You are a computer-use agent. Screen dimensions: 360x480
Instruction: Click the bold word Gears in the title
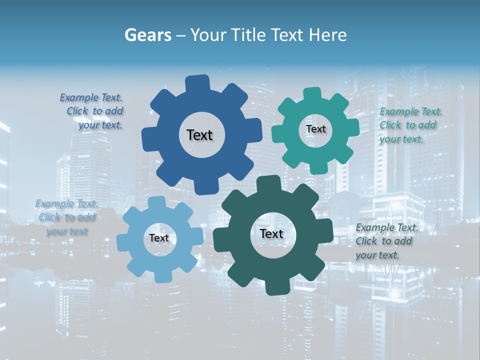tap(147, 35)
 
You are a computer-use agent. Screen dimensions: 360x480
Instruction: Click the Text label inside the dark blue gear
tap(199, 135)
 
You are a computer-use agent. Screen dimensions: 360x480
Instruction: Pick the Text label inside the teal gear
tap(315, 129)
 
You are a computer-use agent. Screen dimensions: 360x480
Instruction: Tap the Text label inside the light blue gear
tap(159, 238)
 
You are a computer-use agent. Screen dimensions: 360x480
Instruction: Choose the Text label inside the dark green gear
tap(271, 233)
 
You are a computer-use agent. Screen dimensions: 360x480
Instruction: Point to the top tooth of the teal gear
tap(312, 94)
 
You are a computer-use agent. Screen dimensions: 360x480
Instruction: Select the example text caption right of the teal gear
tap(410, 125)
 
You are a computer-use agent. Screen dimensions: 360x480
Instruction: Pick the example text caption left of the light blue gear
tap(66, 217)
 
